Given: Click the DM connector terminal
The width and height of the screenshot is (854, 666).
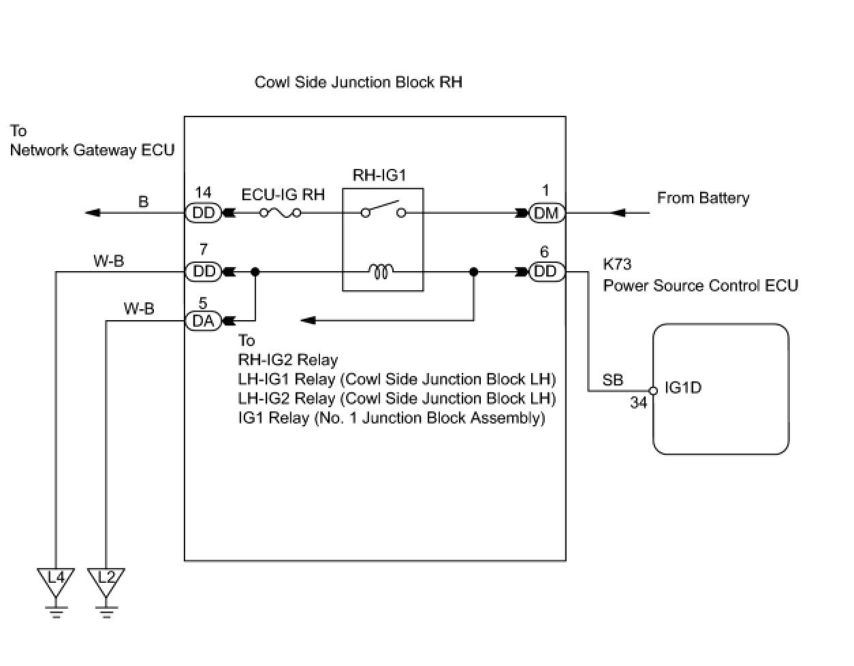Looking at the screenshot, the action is tap(547, 213).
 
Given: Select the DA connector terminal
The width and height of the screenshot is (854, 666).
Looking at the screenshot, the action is tap(203, 321).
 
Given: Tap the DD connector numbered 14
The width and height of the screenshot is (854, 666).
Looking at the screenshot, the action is tap(203, 213).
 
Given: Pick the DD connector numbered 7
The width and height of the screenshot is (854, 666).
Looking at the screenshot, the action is tap(203, 272).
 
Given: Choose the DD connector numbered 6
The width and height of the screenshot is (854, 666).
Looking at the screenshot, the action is tap(547, 272).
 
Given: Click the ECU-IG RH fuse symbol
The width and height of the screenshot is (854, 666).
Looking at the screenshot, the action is tap(280, 213).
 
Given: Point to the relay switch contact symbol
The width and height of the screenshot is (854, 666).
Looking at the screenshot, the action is tap(383, 210).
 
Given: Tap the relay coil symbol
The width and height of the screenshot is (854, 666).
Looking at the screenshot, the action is tap(381, 271).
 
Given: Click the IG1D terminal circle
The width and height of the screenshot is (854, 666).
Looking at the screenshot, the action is tap(653, 391).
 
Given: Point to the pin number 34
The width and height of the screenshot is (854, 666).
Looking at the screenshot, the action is tap(638, 402).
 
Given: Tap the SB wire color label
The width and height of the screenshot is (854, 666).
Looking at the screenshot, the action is tap(613, 380).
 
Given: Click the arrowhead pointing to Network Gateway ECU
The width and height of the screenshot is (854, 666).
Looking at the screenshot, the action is tap(93, 213).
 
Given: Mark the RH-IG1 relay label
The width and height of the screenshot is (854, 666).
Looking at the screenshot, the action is tap(379, 175).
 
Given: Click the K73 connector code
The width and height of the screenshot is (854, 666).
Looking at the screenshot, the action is tap(617, 264).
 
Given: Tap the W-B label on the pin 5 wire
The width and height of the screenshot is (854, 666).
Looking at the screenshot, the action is tap(139, 309).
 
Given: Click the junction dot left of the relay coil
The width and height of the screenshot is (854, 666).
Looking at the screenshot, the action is tap(255, 272).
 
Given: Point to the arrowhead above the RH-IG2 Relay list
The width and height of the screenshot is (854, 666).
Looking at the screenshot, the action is tap(308, 321).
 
